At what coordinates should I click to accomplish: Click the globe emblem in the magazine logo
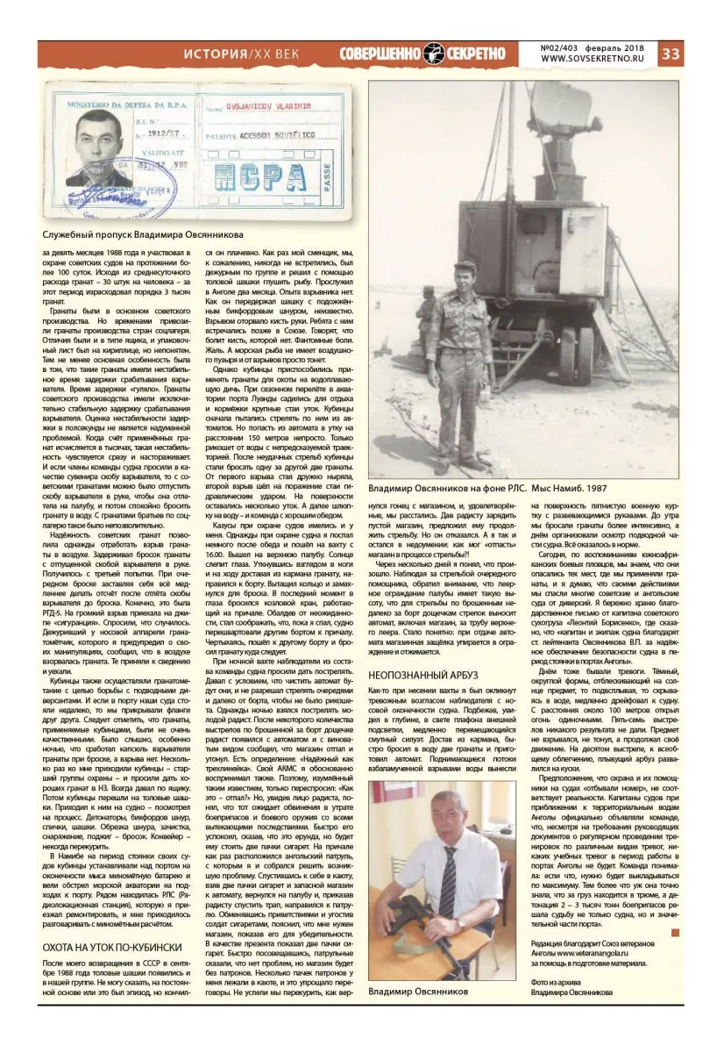pyautogui.click(x=434, y=54)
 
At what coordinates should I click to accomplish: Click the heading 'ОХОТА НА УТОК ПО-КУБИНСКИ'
pyautogui.click(x=112, y=947)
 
